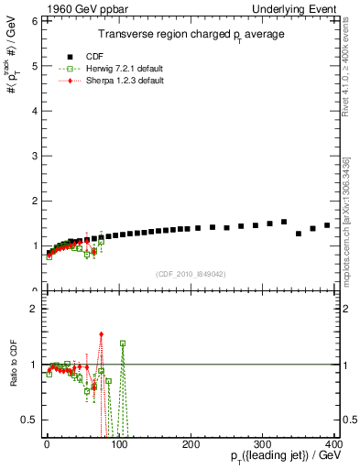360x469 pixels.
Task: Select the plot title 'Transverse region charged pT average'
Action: point(192,34)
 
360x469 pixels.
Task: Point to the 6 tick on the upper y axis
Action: point(36,20)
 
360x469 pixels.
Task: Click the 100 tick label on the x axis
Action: point(118,444)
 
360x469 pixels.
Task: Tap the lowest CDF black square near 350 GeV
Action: point(299,234)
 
